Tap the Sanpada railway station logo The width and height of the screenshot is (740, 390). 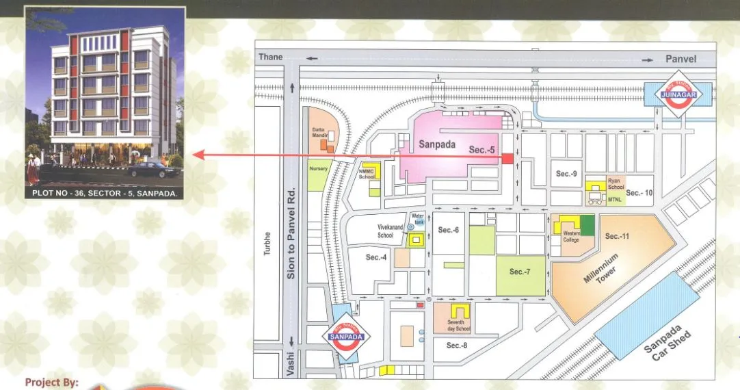point(345,337)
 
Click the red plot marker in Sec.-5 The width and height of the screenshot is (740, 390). point(507,159)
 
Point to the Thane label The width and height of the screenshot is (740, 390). point(270,58)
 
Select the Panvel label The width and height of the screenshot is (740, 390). point(680,59)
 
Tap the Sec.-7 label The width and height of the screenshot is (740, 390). point(520,272)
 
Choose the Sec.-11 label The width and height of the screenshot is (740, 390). point(618,236)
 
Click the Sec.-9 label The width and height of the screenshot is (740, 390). point(566,174)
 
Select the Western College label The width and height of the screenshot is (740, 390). point(571,237)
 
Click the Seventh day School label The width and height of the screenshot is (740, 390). point(456,326)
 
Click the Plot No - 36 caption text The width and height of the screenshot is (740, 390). point(105,194)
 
